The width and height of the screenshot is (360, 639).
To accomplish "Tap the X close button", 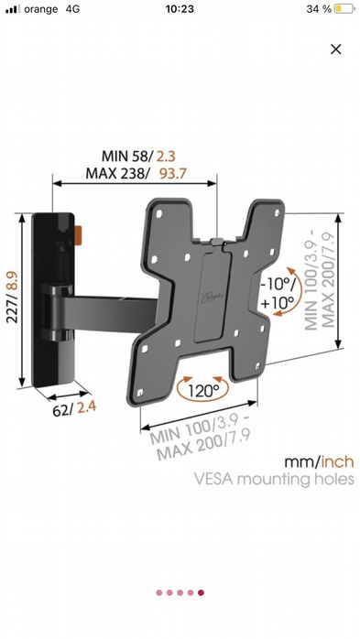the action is [x=335, y=49].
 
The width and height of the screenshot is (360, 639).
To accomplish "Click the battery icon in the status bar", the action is [x=344, y=9].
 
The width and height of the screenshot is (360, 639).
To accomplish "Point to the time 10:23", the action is [x=180, y=9].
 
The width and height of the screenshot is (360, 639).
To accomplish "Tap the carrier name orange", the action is [x=41, y=9].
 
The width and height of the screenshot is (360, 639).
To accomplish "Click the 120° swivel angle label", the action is [x=203, y=391].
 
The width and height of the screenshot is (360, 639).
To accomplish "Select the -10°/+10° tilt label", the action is [x=278, y=293].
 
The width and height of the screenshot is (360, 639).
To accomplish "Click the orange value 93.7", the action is [x=172, y=174].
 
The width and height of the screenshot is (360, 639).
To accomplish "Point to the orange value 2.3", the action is [x=166, y=156].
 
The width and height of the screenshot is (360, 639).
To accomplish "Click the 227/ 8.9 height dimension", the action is [x=12, y=298].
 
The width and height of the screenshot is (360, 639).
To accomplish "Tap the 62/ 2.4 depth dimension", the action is [x=74, y=408].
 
